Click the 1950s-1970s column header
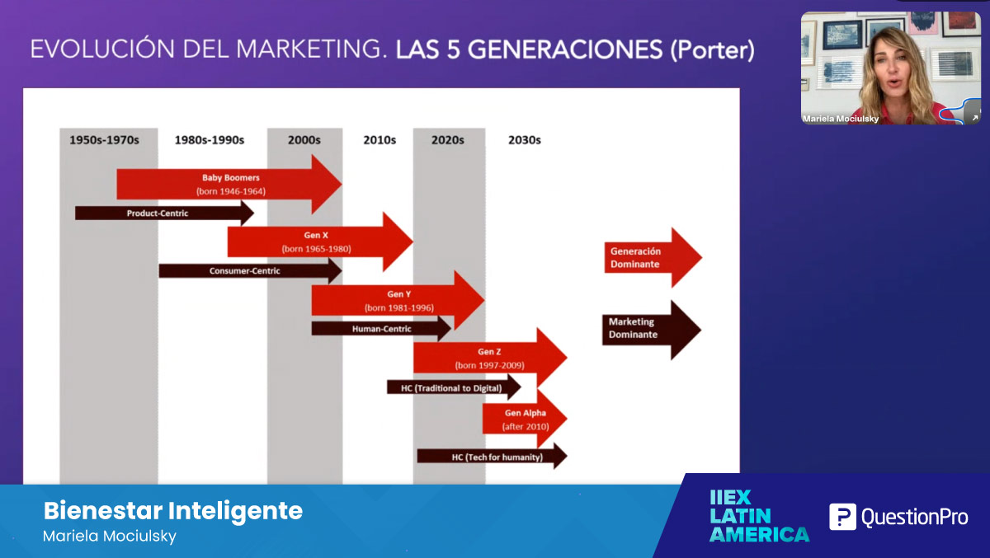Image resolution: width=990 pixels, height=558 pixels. (104, 140)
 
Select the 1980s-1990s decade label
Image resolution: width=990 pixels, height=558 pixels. (210, 140)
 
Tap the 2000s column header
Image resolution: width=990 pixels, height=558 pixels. (304, 140)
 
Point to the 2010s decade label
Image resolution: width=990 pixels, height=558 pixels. (379, 140)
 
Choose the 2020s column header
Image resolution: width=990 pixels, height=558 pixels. (448, 140)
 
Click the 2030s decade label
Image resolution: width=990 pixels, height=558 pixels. (525, 140)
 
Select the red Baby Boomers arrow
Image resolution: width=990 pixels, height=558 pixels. (230, 184)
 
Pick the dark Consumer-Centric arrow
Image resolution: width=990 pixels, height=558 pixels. (248, 270)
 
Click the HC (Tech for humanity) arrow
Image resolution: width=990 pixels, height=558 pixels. (492, 457)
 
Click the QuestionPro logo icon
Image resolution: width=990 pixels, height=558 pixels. (842, 517)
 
